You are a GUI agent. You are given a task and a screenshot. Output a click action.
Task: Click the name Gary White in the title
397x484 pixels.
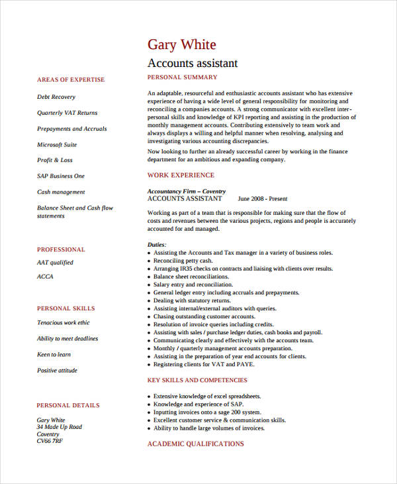click(181, 45)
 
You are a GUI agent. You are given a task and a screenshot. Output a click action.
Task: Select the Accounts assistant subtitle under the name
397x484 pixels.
click(192, 64)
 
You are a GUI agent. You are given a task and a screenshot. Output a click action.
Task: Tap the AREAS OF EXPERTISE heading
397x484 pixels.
click(71, 80)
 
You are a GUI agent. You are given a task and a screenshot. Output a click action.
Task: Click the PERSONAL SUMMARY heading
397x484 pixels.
click(183, 78)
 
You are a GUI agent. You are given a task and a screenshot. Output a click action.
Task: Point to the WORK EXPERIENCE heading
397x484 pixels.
click(181, 175)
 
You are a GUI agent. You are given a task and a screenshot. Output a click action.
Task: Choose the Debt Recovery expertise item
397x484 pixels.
click(56, 97)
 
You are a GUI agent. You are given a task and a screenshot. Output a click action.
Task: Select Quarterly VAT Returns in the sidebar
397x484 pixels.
click(67, 113)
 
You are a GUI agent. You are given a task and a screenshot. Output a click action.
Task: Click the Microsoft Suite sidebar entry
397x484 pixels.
click(57, 145)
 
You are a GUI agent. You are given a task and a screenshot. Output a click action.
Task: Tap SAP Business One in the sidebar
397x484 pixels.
click(61, 176)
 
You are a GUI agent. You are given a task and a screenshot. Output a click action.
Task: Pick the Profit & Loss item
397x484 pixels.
click(55, 160)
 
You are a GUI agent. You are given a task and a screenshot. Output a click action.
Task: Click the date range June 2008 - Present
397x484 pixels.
click(263, 198)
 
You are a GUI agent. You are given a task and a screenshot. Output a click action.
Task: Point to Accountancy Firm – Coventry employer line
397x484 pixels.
click(186, 191)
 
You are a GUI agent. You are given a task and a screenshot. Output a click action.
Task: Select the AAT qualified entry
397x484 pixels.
click(55, 263)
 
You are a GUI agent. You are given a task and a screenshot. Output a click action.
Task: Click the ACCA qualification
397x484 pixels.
click(45, 276)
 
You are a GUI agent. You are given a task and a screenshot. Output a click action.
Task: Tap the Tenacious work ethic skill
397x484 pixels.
click(64, 323)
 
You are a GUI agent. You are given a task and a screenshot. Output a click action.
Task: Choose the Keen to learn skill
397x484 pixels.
click(54, 355)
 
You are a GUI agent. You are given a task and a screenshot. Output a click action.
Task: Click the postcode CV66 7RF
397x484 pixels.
click(50, 440)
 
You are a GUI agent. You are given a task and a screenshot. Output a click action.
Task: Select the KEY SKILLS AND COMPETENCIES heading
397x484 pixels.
click(197, 381)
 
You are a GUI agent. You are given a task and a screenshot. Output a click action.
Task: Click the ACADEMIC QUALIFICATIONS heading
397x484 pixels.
click(195, 444)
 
